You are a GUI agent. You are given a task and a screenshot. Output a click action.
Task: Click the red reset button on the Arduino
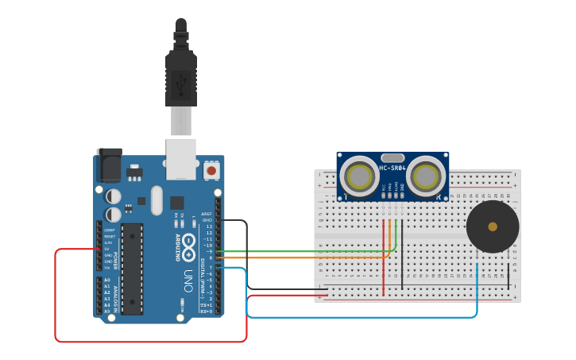point(211,169)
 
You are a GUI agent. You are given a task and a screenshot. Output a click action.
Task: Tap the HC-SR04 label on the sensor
point(392,168)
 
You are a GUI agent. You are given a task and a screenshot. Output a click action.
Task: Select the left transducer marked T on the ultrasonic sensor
point(360,176)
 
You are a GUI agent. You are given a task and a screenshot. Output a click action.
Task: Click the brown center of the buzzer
point(493,226)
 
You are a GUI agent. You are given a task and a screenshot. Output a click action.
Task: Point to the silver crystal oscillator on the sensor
point(392,158)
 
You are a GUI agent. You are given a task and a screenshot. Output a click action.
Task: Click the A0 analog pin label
point(107,280)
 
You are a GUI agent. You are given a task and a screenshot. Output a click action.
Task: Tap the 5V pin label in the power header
point(107,249)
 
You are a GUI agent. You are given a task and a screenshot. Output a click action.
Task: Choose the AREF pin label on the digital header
point(207,214)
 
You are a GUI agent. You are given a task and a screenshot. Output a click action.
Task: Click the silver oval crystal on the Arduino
point(156,199)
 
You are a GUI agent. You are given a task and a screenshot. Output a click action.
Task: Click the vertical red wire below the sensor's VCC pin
point(384,258)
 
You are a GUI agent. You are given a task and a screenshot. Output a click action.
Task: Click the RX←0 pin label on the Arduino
point(206,312)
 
